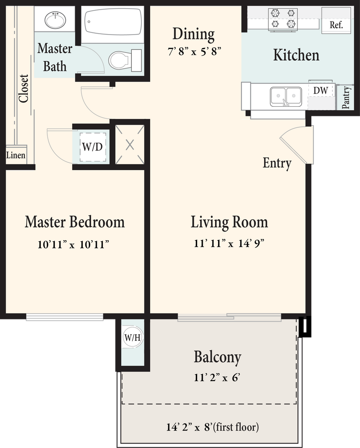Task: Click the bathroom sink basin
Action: coord(56,20)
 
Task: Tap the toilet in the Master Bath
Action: coord(125,60)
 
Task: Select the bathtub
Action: coord(113,24)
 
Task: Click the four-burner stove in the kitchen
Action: coord(283,19)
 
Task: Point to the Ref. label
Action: coord(336,25)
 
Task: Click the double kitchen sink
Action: coord(286,97)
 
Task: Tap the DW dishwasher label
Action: coord(321,91)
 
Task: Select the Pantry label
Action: coord(346,98)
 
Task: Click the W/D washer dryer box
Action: coord(92,147)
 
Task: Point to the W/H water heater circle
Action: coord(133,337)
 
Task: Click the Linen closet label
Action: coord(16,155)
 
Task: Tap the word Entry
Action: coord(277,163)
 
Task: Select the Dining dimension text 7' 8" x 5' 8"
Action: coord(194,52)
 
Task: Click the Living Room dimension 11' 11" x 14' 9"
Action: coord(229,243)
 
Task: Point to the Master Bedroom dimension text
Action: coord(74,245)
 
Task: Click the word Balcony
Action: coord(218,357)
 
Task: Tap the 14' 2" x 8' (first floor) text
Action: coord(213,427)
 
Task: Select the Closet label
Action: coord(24,88)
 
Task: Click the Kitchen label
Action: coord(296,55)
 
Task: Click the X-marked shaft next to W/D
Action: coord(130,145)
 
